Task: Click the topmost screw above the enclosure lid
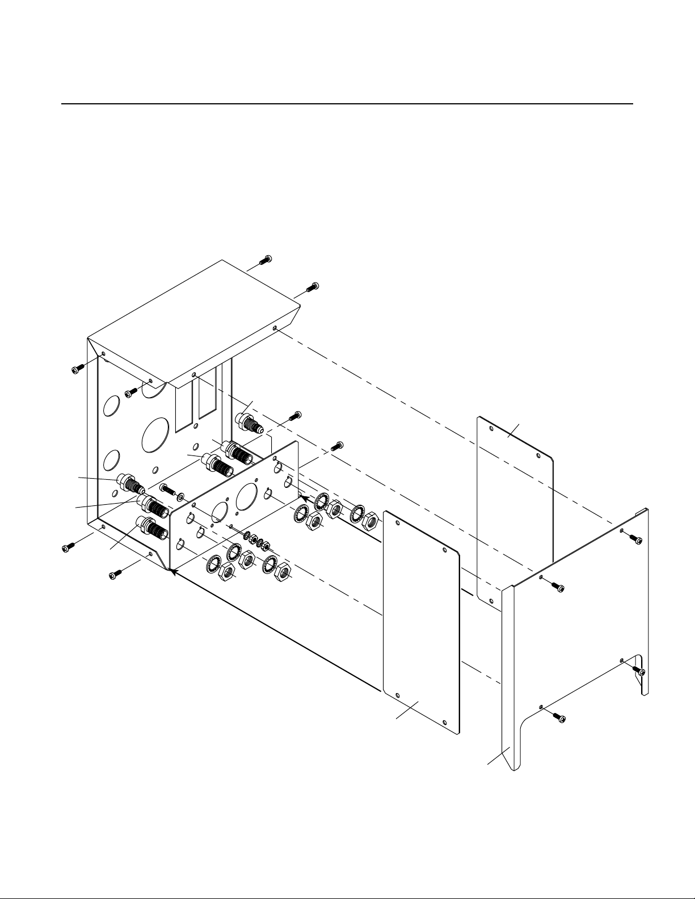tap(266, 260)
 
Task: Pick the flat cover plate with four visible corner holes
tap(421, 618)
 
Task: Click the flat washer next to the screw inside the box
tap(180, 497)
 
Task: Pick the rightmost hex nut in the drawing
tap(370, 518)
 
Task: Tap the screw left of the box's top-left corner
tap(78, 370)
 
